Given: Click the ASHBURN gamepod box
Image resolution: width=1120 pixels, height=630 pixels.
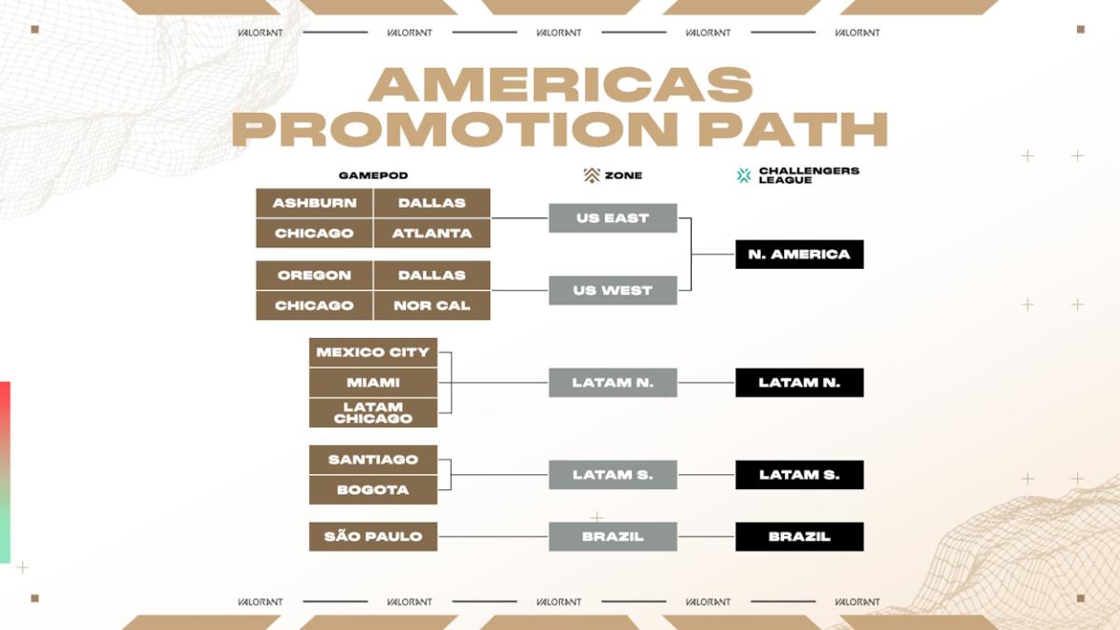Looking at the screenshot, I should click(315, 203).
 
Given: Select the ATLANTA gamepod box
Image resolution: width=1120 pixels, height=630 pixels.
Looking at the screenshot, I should click(432, 233).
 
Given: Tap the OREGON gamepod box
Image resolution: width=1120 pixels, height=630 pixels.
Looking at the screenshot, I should click(315, 275).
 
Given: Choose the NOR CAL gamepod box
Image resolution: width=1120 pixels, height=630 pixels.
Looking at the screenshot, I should click(432, 305).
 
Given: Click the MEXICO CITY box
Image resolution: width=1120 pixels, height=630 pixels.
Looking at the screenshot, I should click(373, 352).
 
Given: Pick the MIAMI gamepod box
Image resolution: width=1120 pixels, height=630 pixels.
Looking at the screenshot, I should click(373, 383).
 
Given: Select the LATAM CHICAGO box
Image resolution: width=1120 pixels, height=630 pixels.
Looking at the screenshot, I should click(373, 413).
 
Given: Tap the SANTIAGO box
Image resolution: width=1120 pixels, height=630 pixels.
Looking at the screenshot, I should click(373, 459).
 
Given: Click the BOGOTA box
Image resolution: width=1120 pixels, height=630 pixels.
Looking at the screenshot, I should click(373, 489).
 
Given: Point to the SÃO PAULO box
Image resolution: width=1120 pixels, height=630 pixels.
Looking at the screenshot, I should click(373, 537).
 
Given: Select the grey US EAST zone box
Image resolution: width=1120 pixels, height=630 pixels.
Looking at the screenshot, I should click(612, 218).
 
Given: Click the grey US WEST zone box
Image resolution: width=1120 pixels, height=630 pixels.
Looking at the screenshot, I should click(612, 290).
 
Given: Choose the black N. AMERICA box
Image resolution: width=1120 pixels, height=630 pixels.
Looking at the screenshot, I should click(799, 254).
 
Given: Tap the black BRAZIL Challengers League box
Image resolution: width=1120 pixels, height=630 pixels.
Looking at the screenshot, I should click(799, 537).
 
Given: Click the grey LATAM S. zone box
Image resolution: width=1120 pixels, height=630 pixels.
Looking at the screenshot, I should click(612, 475).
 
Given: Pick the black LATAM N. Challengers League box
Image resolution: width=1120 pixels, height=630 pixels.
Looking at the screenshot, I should click(799, 383).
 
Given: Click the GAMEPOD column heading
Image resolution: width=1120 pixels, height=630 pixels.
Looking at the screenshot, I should click(373, 175).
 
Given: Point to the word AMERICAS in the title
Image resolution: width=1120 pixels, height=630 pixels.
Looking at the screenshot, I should click(560, 86).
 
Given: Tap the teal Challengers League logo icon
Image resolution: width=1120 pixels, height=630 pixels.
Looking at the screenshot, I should click(744, 175).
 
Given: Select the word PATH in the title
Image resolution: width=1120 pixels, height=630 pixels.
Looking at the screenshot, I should click(792, 130).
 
